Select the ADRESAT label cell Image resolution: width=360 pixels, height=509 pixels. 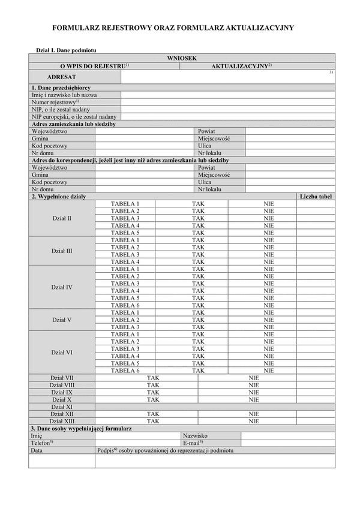click(x=62, y=77)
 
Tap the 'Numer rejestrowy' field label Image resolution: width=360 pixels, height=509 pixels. click(x=56, y=102)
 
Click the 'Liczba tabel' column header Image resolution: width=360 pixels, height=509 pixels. click(x=316, y=197)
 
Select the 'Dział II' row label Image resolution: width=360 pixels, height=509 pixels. click(x=61, y=218)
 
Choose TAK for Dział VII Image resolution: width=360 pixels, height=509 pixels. click(x=153, y=378)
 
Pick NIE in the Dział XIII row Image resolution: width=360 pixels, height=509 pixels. click(x=254, y=421)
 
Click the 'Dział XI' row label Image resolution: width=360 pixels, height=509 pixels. click(x=61, y=406)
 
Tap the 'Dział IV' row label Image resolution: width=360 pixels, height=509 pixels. click(x=61, y=287)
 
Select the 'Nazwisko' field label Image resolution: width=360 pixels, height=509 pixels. click(x=195, y=436)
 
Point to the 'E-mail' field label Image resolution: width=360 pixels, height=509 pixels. click(x=193, y=443)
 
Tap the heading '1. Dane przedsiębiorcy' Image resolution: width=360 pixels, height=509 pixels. click(x=61, y=88)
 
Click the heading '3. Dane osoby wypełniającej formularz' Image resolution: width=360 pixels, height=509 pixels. click(x=81, y=429)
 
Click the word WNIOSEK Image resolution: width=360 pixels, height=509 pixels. click(x=181, y=58)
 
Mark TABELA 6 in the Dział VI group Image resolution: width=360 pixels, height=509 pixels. click(x=125, y=371)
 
